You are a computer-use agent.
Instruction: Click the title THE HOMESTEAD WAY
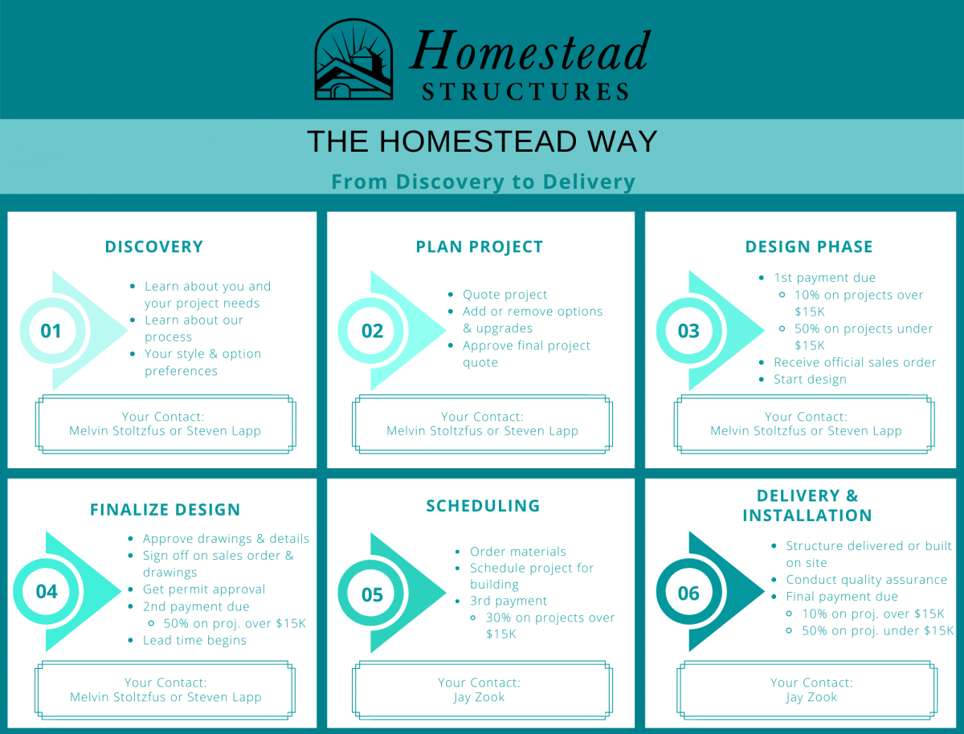pos(482,141)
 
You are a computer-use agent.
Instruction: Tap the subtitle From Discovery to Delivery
pos(483,182)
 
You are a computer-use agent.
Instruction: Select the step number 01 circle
pos(51,331)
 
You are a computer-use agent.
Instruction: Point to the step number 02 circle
pos(372,331)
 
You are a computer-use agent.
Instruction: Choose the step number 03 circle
pos(688,331)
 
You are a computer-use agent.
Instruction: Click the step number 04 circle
pos(47,592)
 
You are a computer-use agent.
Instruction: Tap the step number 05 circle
pos(372,594)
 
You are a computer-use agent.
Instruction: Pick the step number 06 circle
pos(688,593)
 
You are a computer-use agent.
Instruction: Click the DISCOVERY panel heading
pos(153,247)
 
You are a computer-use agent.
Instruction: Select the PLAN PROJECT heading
pos(480,247)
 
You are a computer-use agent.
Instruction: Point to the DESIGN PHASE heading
pos(808,247)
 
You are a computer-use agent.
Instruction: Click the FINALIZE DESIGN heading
pos(165,509)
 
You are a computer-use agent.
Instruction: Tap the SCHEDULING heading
pos(483,505)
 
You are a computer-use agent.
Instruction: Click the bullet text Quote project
pos(504,295)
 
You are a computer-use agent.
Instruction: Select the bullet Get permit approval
pos(203,589)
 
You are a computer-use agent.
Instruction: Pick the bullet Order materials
pos(517,552)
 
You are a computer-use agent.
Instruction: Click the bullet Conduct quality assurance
pos(866,579)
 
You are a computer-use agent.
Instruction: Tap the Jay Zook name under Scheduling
pos(479,697)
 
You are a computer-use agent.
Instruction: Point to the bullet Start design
pos(810,379)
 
